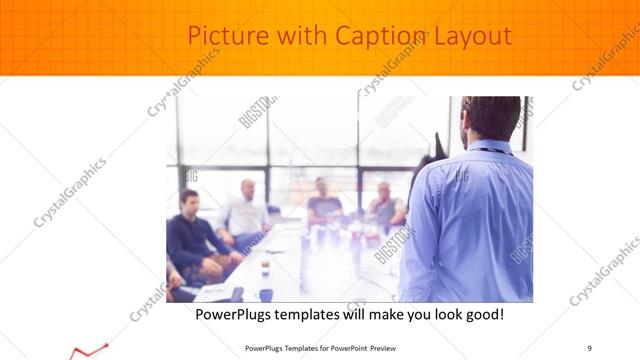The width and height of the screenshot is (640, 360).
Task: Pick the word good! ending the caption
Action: pyautogui.click(x=480, y=315)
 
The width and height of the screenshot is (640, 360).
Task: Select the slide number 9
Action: pyautogui.click(x=590, y=347)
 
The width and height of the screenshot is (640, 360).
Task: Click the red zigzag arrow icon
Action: pyautogui.click(x=89, y=351)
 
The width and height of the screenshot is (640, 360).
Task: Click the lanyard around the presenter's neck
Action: pyautogui.click(x=491, y=151)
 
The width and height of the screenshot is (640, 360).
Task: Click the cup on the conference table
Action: pyautogui.click(x=265, y=294)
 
